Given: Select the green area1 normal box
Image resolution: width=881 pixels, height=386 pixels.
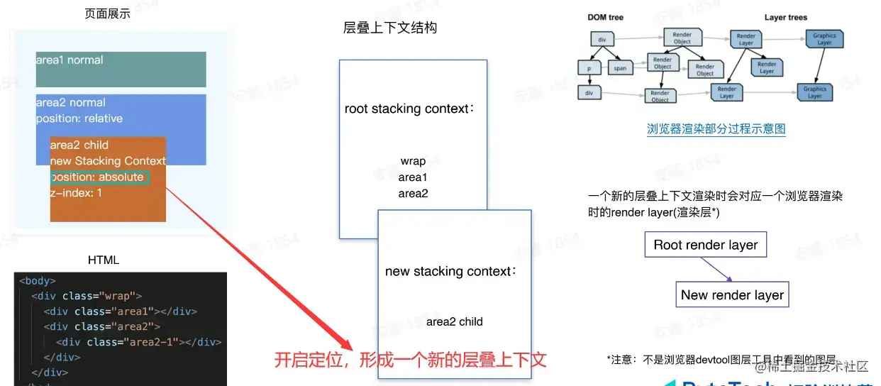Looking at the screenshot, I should tap(121, 70).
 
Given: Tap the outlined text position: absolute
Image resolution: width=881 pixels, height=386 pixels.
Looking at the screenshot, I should tap(99, 177).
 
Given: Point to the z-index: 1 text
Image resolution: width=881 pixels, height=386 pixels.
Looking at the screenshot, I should tap(76, 192).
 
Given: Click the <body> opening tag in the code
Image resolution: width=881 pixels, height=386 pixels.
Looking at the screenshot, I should tap(37, 281).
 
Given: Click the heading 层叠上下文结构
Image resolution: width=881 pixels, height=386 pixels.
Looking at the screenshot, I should tap(389, 28).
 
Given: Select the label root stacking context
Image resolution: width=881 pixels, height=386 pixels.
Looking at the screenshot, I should tap(409, 109).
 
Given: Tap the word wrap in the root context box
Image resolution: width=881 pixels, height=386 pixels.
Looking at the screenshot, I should tap(413, 161).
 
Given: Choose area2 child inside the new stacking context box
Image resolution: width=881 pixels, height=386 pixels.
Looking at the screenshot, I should tap(454, 321).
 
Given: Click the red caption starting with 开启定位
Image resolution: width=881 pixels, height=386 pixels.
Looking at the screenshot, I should tap(410, 360).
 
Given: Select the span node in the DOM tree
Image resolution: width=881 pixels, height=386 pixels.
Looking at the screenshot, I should tap(620, 68).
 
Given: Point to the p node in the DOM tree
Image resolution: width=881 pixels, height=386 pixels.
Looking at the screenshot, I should tap(589, 68).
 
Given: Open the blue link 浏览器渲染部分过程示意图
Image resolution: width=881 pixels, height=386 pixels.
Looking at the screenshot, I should tap(716, 129).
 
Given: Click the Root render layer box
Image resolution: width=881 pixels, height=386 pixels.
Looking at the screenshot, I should tap(706, 245).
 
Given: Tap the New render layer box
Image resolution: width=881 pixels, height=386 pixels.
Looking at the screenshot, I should tap(732, 295).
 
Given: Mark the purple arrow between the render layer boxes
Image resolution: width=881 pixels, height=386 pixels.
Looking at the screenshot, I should tap(715, 270).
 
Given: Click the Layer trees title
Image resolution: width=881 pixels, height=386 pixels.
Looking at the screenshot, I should tap(785, 17).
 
